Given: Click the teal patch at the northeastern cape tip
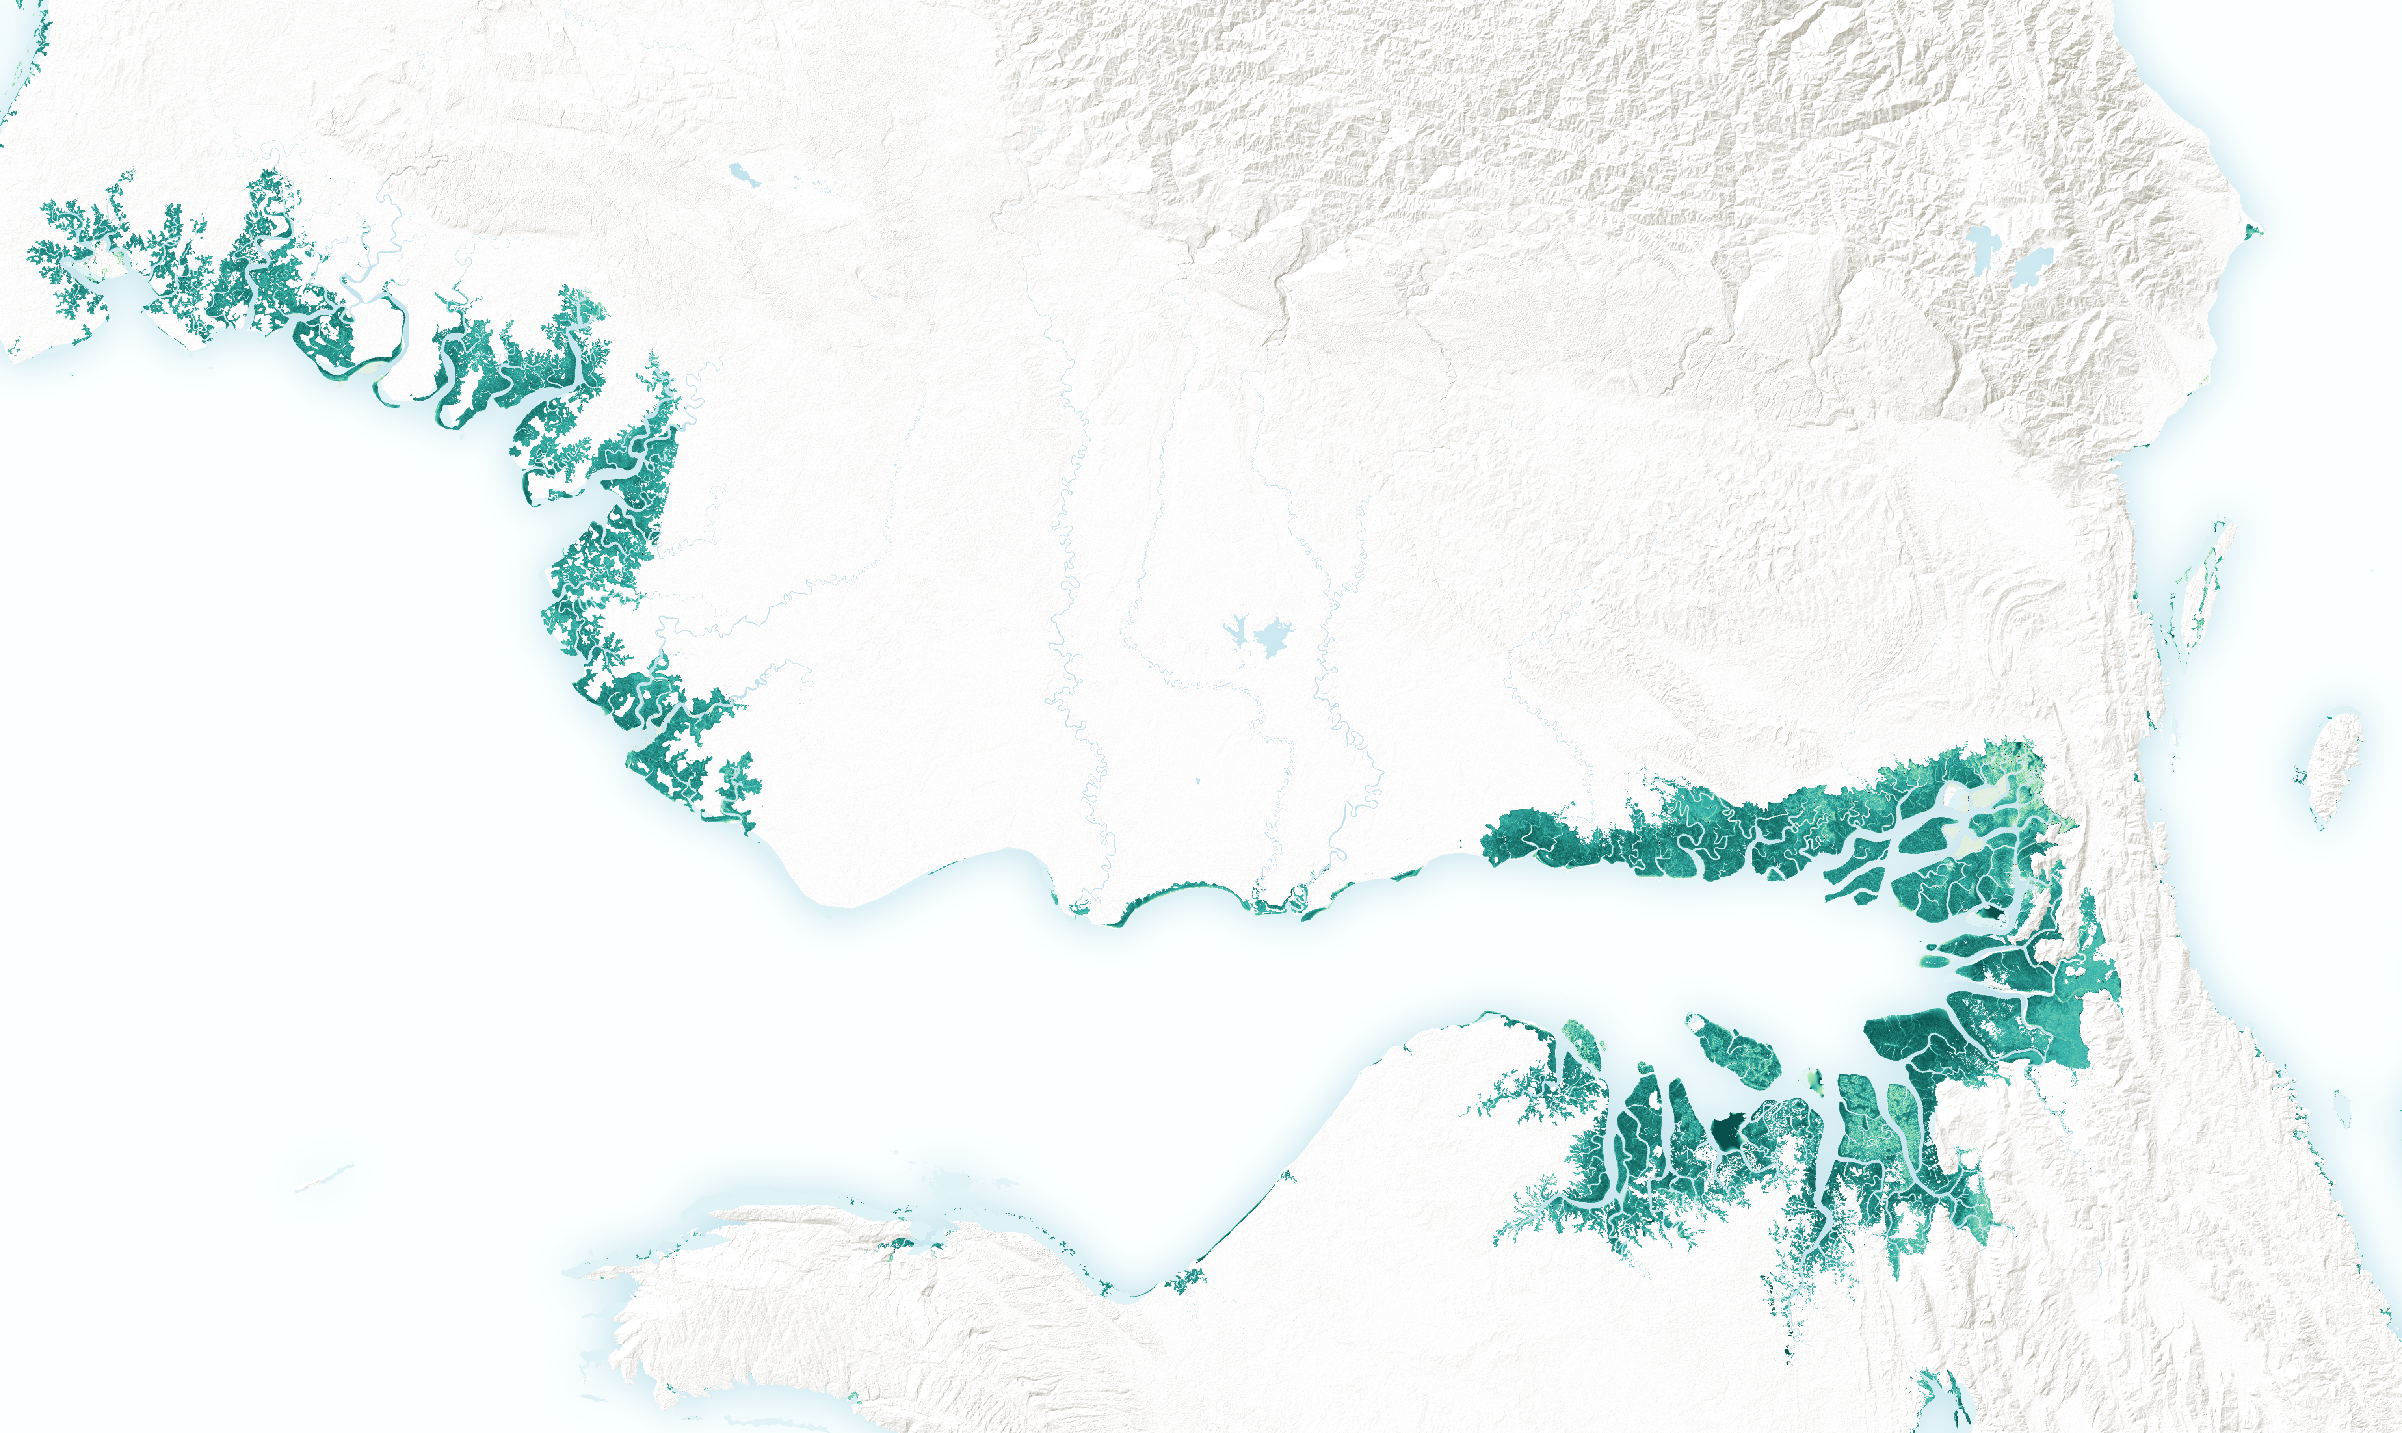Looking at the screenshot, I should click(2252, 232).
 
